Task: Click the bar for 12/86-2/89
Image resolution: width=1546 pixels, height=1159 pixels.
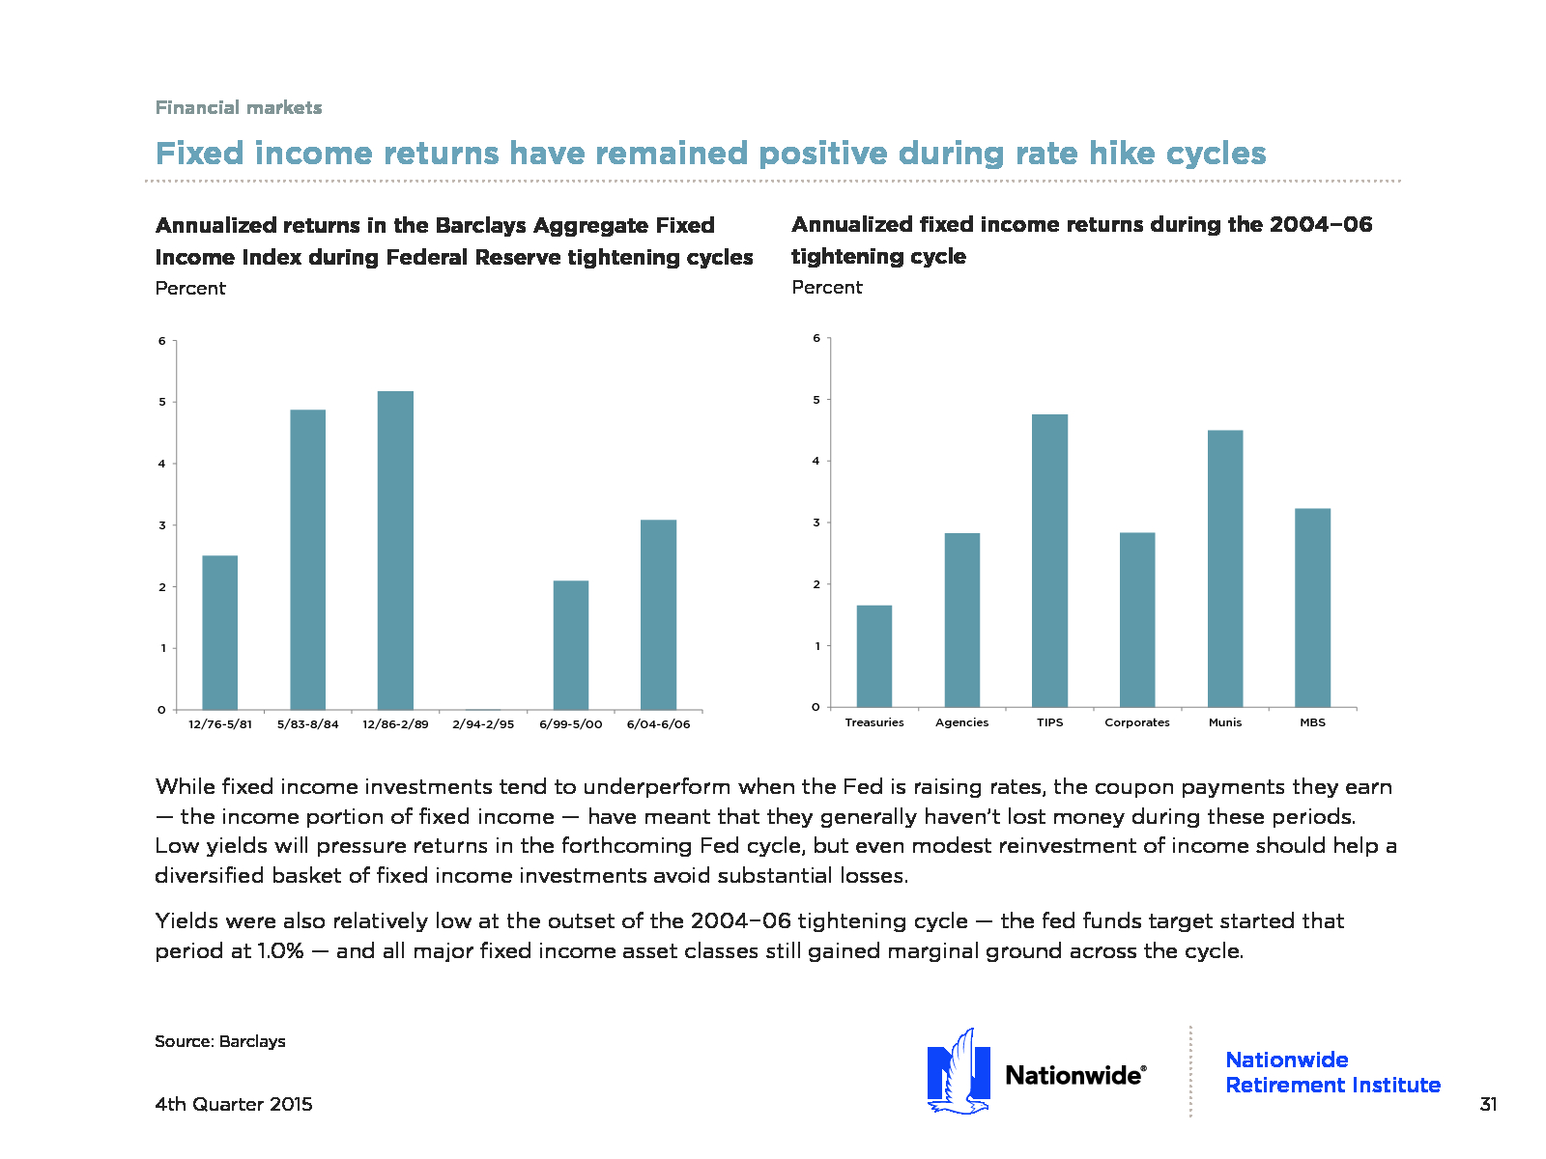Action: (395, 551)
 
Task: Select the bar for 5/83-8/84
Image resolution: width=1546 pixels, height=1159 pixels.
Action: (308, 560)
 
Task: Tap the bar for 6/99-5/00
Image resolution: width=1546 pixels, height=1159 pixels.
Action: (571, 645)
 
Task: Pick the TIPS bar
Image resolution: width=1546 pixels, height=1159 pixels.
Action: (1049, 560)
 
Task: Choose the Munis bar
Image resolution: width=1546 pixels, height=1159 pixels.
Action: (1225, 569)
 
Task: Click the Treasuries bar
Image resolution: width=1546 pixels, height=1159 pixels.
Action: (874, 657)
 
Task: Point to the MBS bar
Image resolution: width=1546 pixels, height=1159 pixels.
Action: (1312, 608)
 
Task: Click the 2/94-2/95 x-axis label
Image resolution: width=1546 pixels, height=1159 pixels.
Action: (483, 724)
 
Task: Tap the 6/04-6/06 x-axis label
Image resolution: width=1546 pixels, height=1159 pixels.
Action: (658, 724)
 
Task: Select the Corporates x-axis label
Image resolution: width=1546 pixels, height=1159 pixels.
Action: (1137, 722)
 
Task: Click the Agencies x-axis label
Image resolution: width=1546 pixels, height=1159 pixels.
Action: (961, 722)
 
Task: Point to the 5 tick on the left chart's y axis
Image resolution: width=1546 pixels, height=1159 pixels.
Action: (162, 402)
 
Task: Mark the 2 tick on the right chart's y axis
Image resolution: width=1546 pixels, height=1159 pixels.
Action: (816, 584)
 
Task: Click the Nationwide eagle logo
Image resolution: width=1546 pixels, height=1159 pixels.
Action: (959, 1072)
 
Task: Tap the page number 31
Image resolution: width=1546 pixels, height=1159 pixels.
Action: (1488, 1104)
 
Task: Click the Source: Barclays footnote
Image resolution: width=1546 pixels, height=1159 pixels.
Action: (220, 1041)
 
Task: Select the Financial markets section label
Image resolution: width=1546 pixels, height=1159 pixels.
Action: (239, 107)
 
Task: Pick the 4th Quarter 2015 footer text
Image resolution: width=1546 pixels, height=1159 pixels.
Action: (234, 1104)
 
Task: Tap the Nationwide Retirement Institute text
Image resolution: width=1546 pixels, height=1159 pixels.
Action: (1332, 1072)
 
